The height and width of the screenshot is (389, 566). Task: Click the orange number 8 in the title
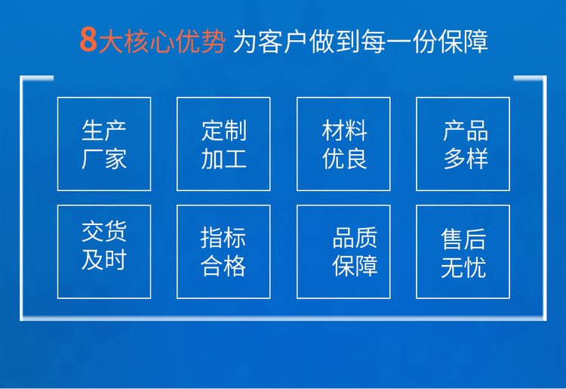tap(88, 39)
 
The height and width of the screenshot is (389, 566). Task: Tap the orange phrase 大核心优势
tap(162, 41)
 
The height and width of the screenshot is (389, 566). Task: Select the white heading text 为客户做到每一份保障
tap(361, 42)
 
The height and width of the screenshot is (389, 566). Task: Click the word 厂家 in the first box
tap(104, 159)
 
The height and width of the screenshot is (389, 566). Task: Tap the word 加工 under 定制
tap(224, 159)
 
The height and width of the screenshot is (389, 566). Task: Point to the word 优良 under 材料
tap(344, 159)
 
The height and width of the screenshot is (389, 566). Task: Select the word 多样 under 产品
tap(466, 159)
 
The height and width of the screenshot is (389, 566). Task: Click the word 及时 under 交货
tap(104, 259)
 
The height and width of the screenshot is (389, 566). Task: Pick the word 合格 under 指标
tap(223, 266)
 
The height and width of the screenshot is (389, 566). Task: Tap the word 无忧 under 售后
tap(463, 267)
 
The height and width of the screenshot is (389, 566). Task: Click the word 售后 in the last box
tap(463, 239)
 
